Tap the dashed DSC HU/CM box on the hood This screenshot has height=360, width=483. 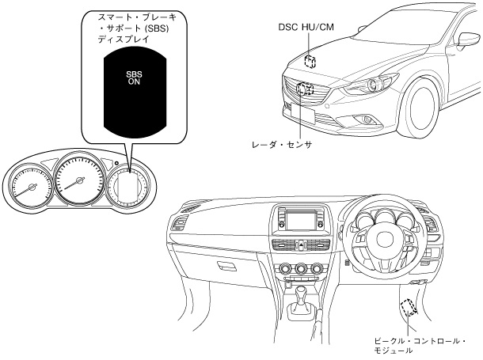tap(310, 61)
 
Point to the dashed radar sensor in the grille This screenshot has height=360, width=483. tap(306, 89)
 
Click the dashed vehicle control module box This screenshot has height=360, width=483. tap(409, 307)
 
